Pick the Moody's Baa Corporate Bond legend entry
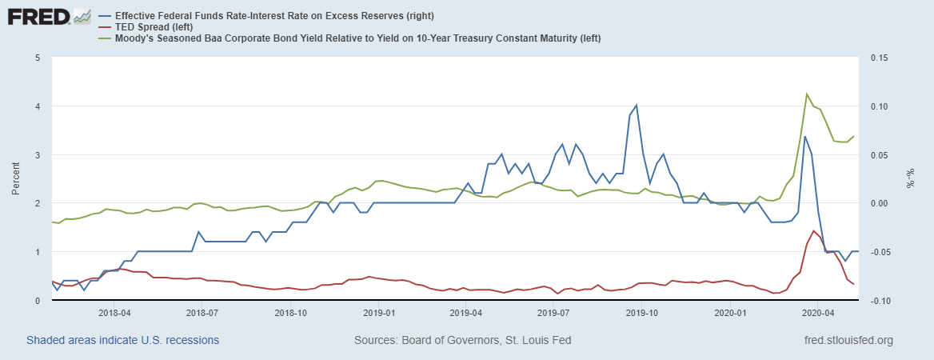(x=357, y=38)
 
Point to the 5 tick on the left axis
(x=38, y=58)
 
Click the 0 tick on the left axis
(x=38, y=300)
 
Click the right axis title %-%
(x=910, y=179)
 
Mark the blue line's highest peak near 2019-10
(x=637, y=105)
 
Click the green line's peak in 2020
(x=806, y=94)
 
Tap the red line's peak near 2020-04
(x=813, y=230)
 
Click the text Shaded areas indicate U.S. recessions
(x=123, y=340)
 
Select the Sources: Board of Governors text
(x=462, y=340)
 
